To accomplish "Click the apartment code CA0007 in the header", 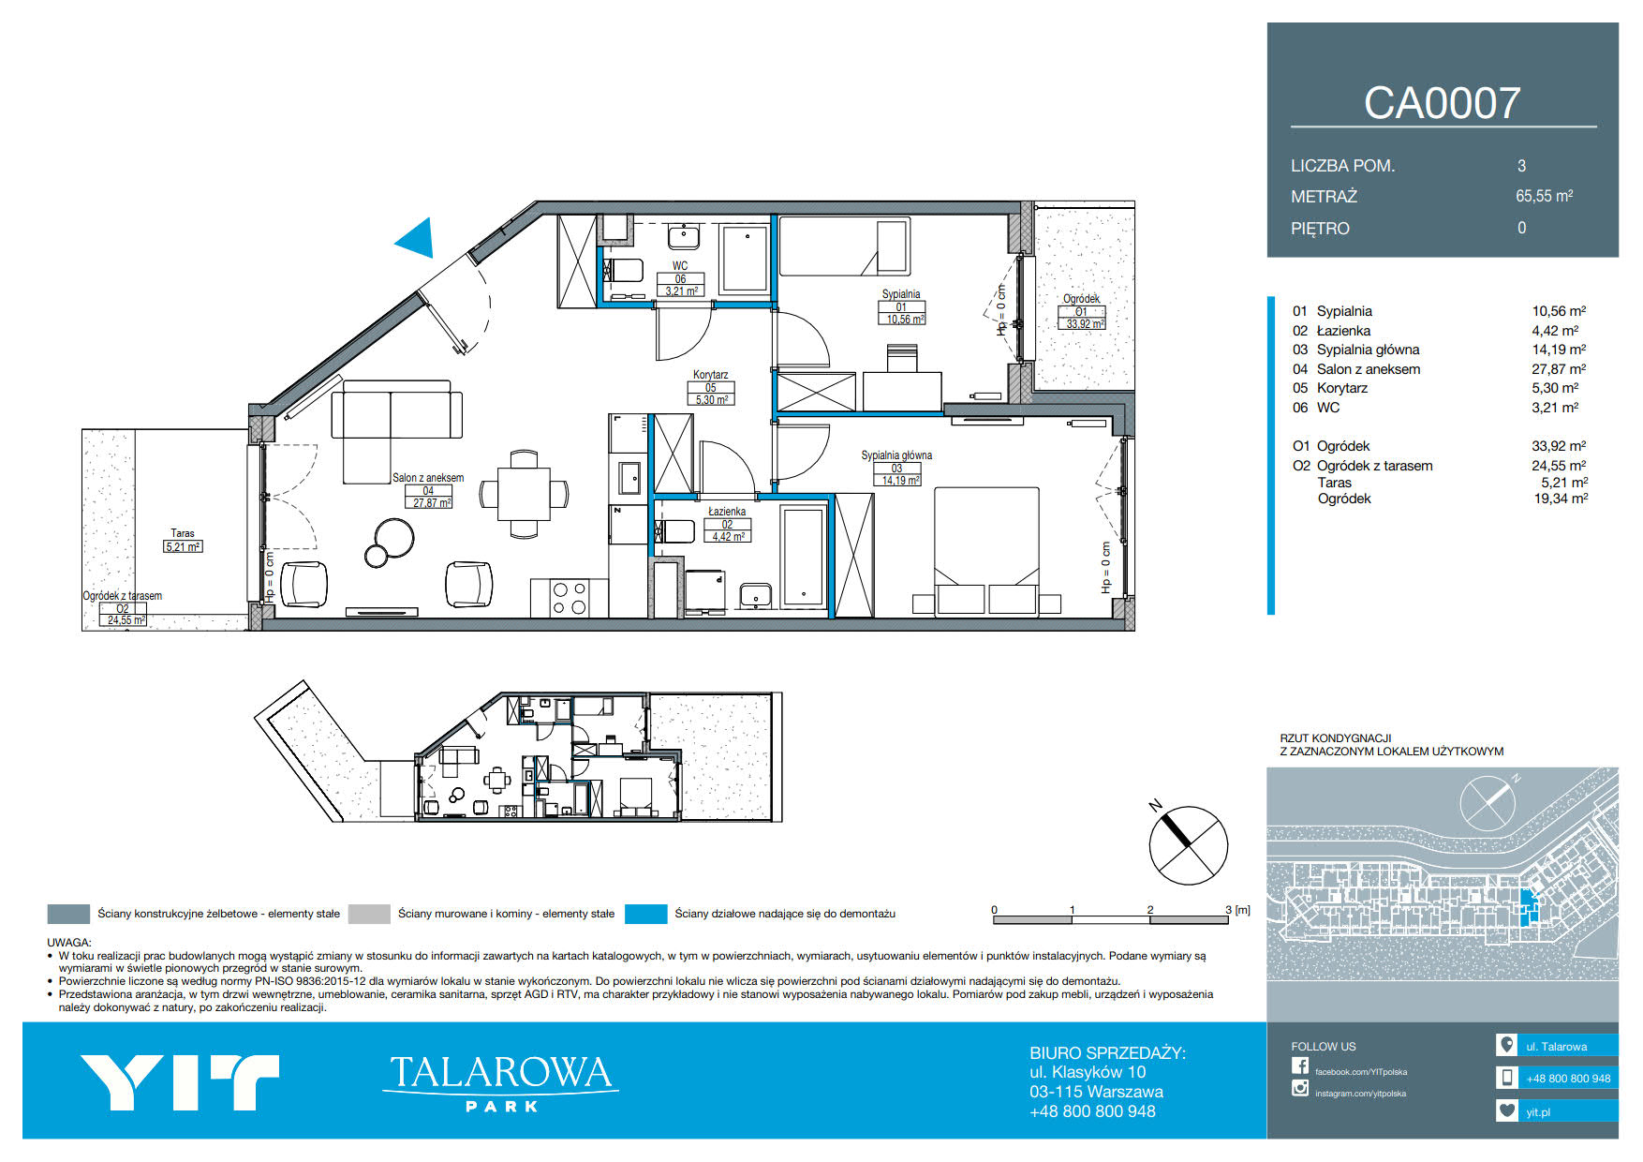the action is pos(1442,103).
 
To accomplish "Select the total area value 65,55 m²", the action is pos(1544,196).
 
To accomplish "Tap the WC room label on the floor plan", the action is pos(680,266).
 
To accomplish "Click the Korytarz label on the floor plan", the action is pos(710,375).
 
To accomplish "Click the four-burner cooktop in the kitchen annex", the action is pos(570,598).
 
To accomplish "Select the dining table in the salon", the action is pos(524,494).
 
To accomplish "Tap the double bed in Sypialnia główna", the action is pos(985,550).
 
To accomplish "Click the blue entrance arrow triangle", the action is pos(416,239).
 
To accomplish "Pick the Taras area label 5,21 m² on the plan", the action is pos(183,546).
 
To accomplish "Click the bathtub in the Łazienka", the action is pos(803,556).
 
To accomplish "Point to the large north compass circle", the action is pos(1189,845).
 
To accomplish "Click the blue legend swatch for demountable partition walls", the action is pos(645,914).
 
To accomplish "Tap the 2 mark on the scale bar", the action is pos(1150,909).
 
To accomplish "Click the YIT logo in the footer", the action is pos(180,1082).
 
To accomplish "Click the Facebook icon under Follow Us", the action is pos(1300,1065).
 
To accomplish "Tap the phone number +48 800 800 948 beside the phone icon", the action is pos(1568,1079).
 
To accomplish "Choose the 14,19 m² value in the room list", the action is pos(1559,350).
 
